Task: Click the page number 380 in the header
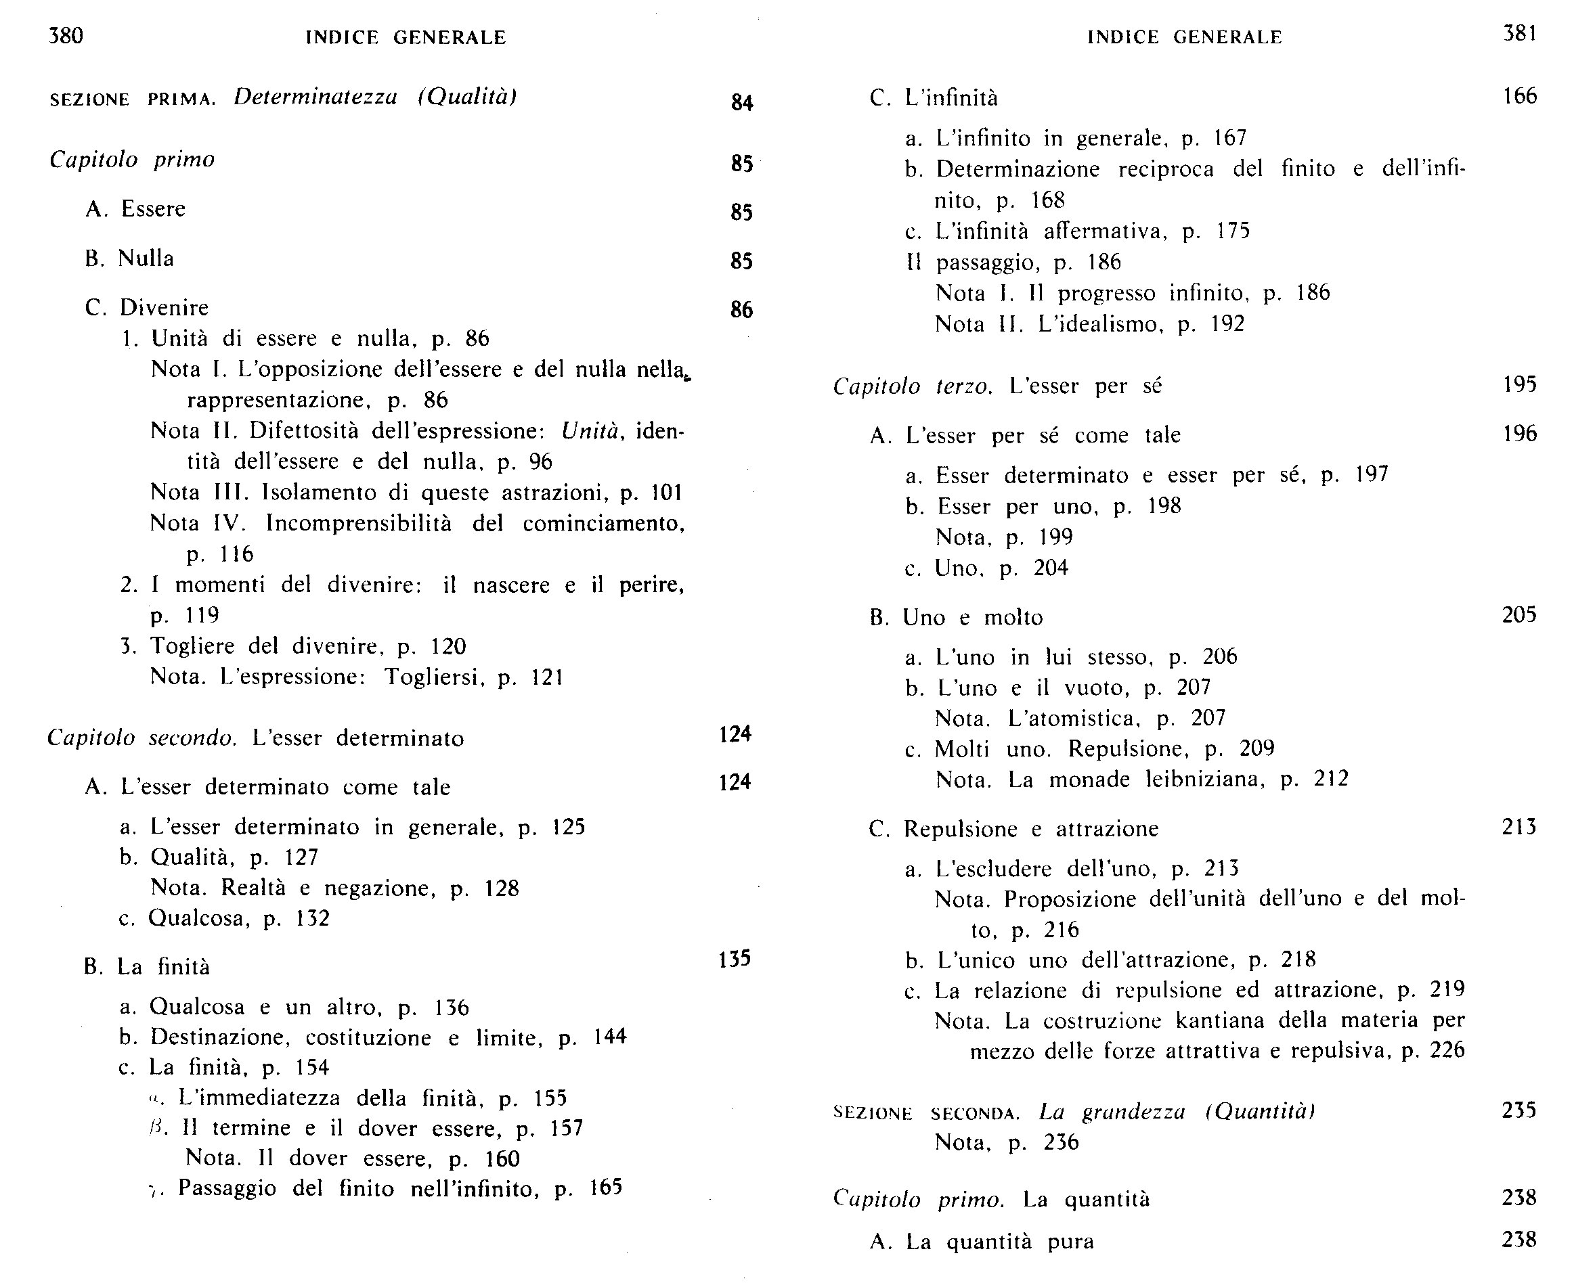(66, 36)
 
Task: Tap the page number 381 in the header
(1519, 33)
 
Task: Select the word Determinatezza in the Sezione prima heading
(315, 97)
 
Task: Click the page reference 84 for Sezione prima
(742, 102)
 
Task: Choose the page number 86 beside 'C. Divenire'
(741, 309)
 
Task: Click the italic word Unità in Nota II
(590, 431)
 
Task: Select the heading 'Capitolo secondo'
(141, 738)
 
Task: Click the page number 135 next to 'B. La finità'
(735, 959)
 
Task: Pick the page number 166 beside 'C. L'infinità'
(1519, 96)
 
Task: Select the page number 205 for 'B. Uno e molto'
(1518, 615)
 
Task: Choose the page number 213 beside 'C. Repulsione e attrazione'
(1518, 827)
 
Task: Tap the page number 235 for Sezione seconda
(1518, 1110)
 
